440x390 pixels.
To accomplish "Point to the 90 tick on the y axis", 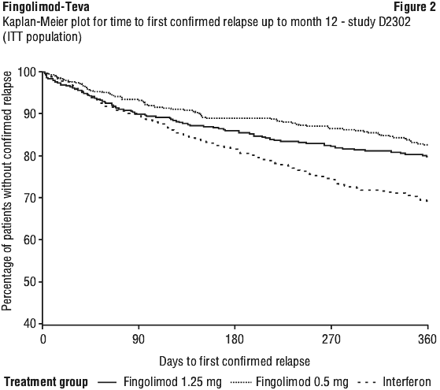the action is pos(31,113).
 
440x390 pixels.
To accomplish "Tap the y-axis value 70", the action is pos(31,198).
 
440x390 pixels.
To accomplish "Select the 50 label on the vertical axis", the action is pos(31,282).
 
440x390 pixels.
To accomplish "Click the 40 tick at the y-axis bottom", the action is pos(31,324).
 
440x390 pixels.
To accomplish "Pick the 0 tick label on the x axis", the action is pos(43,340).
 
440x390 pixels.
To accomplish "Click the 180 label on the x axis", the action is pos(235,340).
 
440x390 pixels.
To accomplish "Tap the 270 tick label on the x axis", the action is pos(331,340).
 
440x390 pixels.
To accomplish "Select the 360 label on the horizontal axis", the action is pos(427,340).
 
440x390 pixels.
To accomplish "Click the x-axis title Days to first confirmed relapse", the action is pos(235,362).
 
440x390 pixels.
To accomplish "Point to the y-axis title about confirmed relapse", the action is pos(7,191).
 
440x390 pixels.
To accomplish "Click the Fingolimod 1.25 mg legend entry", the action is pos(160,382).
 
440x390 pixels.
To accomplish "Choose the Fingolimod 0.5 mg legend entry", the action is pos(290,382).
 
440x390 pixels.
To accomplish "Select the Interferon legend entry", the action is pos(394,382).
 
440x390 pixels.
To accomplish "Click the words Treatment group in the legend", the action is pos(46,382).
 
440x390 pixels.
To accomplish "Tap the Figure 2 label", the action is pos(415,7).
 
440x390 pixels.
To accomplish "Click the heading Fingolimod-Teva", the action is pos(46,7).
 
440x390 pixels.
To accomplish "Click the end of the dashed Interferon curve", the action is pos(427,201).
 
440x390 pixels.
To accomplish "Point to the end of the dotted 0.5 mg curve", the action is pos(427,145).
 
